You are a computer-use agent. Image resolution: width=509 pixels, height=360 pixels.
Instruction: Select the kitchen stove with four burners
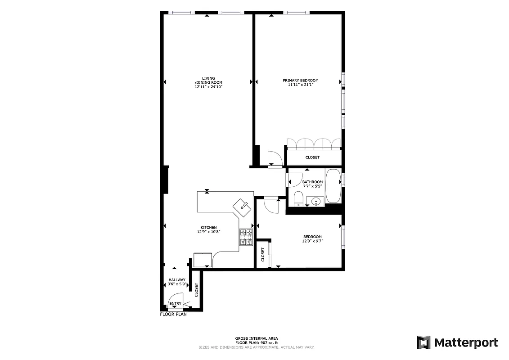(x=246, y=237)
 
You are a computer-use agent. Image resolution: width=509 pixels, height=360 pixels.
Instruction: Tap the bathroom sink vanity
(x=315, y=201)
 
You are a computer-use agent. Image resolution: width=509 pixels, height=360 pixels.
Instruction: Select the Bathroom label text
(x=312, y=182)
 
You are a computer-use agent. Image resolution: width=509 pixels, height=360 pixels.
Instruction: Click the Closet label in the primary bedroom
(x=312, y=157)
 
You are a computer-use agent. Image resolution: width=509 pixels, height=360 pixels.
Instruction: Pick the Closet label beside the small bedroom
(x=263, y=255)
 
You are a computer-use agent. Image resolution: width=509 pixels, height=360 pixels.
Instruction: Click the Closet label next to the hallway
(x=196, y=290)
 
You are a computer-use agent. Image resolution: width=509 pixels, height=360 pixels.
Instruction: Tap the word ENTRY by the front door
(x=176, y=304)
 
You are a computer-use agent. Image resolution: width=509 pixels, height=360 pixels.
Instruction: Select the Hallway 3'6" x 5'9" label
(x=176, y=282)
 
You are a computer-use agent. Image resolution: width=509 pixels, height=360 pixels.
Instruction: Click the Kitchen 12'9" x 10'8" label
(x=208, y=229)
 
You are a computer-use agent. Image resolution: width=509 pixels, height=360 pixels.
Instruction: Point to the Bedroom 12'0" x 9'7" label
(x=312, y=239)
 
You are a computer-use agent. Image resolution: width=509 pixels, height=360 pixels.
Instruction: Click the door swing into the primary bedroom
(x=274, y=159)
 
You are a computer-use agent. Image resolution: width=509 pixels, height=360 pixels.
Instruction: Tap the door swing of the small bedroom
(x=271, y=205)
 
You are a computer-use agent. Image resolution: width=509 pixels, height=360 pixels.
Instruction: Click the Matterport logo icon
(x=423, y=342)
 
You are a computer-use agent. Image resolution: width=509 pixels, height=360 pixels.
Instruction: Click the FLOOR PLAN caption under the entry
(x=173, y=315)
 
